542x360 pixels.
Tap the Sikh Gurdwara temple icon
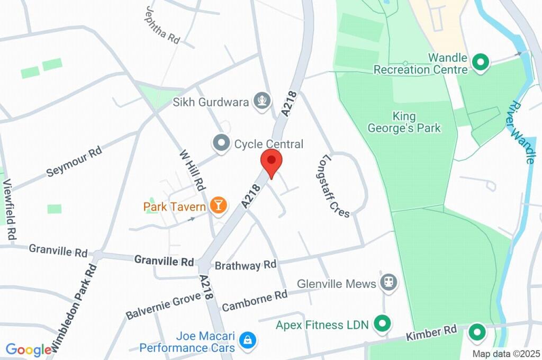[x=261, y=101]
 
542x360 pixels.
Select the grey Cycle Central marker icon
[x=221, y=143]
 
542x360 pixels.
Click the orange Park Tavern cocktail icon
[x=218, y=206]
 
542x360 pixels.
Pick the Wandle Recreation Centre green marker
[x=481, y=63]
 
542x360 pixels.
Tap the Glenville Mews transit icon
[x=389, y=283]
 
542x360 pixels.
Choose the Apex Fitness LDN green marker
[x=381, y=323]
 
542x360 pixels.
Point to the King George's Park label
[x=404, y=122]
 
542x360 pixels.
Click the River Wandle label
[x=523, y=132]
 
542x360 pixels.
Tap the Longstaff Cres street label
[x=336, y=186]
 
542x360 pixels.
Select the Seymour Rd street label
[x=74, y=161]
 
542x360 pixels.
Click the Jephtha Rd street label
[x=162, y=25]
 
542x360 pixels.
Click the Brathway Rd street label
[x=246, y=265]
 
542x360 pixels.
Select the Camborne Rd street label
[x=255, y=301]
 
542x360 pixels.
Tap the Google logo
[x=28, y=349]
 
